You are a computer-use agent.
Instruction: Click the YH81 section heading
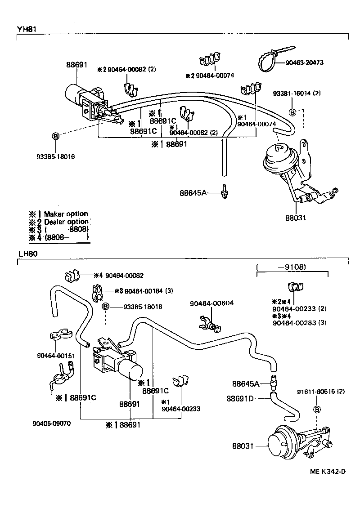pos(27,29)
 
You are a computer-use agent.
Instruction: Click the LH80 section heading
pos(27,254)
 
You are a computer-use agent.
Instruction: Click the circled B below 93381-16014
pos(292,112)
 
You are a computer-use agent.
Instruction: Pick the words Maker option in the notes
pos(66,214)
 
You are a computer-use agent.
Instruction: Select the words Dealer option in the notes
pos(67,222)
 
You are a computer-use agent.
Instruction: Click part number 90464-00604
pos(211,303)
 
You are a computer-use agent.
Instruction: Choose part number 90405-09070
pos(51,423)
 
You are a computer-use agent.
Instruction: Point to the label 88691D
pos(240,398)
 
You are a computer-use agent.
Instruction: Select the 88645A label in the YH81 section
pos(193,192)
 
